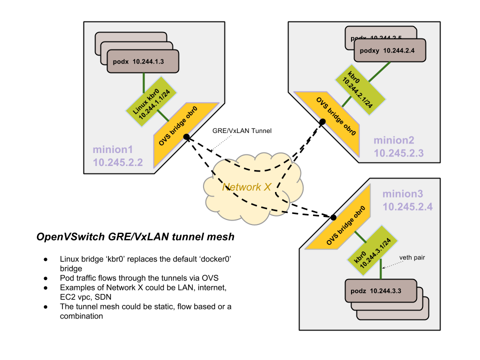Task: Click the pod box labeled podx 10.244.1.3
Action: (x=142, y=61)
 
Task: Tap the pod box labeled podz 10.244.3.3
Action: (x=380, y=291)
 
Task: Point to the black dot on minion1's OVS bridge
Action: (x=186, y=136)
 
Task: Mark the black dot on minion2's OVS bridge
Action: (x=322, y=121)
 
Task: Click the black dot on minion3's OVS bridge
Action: (x=333, y=217)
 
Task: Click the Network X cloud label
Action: (x=246, y=187)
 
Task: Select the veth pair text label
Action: (x=412, y=258)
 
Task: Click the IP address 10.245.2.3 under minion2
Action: (x=398, y=153)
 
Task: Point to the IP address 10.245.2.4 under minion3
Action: (x=408, y=206)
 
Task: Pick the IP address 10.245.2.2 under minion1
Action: (x=117, y=162)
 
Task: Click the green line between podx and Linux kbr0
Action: (x=144, y=80)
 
